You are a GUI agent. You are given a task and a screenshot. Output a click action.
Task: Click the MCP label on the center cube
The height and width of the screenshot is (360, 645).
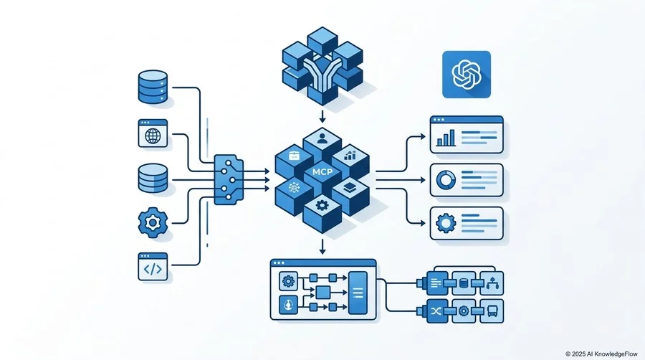[322, 172]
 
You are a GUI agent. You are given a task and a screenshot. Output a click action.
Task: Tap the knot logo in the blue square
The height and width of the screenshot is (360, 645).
[467, 75]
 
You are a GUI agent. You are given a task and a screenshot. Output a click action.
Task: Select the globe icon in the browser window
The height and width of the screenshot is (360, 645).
[153, 136]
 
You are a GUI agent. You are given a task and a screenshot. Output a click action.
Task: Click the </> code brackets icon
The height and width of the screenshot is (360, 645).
[153, 269]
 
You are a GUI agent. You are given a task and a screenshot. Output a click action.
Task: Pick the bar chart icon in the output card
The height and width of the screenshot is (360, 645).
[446, 138]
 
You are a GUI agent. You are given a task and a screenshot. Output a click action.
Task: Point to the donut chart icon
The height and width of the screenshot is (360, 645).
[446, 180]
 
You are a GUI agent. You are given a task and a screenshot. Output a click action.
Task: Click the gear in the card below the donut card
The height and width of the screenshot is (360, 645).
[446, 224]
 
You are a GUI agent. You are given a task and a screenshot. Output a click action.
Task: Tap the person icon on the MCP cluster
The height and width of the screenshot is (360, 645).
[322, 138]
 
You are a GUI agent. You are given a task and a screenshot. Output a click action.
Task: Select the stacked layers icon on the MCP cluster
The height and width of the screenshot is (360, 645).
[350, 187]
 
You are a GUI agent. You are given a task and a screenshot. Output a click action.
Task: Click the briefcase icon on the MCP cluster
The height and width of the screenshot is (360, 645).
[295, 156]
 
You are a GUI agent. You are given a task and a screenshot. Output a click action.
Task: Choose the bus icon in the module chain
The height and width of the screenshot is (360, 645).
[492, 311]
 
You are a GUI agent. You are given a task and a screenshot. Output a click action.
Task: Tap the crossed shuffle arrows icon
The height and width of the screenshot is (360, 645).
[436, 311]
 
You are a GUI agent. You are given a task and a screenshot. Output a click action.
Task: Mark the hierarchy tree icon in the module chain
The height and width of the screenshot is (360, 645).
[492, 283]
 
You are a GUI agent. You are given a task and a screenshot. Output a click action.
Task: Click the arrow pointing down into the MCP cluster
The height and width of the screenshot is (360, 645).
[322, 116]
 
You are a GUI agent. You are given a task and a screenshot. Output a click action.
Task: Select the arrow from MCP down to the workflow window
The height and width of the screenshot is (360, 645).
[322, 247]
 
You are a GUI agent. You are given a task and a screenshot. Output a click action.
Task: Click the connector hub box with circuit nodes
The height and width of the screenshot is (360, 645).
[229, 180]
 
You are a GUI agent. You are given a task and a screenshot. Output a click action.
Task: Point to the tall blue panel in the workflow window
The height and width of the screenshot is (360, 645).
[358, 293]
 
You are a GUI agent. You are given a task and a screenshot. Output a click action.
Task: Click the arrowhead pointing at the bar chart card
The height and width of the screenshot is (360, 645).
[423, 136]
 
